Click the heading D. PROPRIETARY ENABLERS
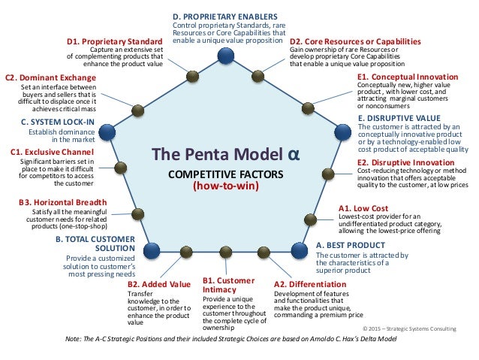[x=224, y=15]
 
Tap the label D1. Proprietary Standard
[x=115, y=41]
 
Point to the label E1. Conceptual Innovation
[x=408, y=77]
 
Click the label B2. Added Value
[x=159, y=284]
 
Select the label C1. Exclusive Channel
[x=53, y=152]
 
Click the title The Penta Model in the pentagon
[x=223, y=154]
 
